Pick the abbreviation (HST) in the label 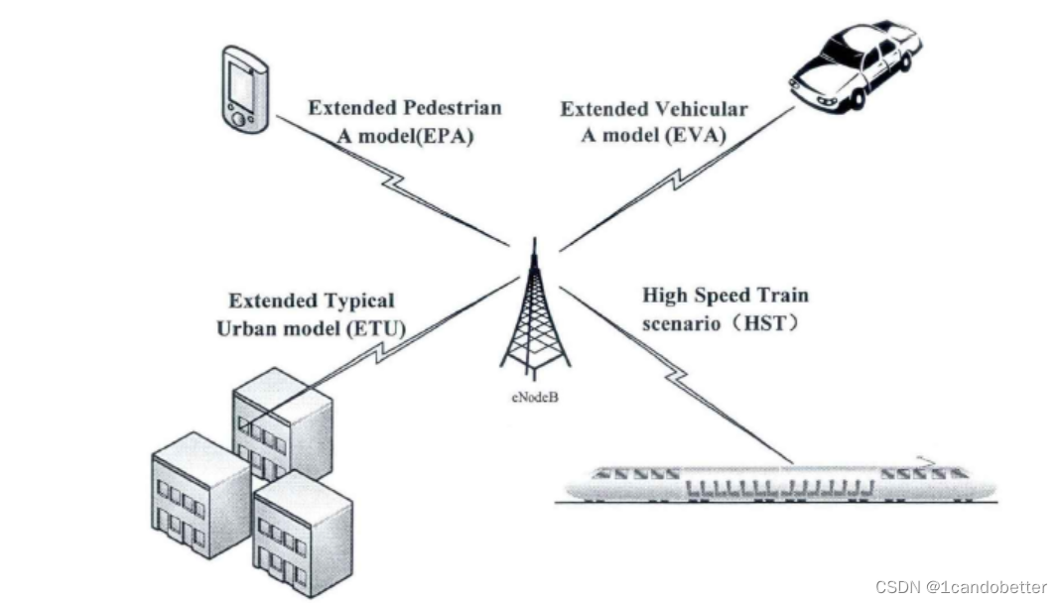coord(763,322)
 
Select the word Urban coord(244,327)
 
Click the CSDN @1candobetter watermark coord(961,586)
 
